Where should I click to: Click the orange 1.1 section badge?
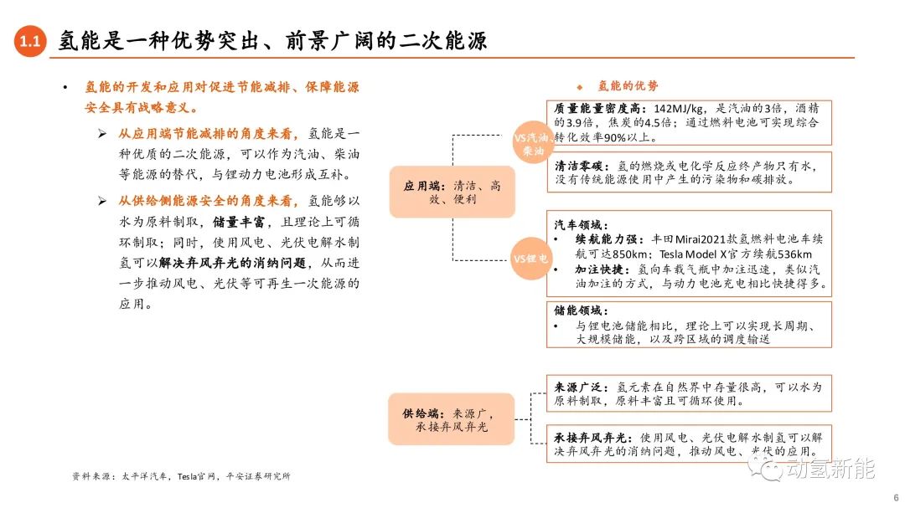[x=30, y=41]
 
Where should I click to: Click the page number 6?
[x=896, y=497]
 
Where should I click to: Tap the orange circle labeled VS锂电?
[x=530, y=259]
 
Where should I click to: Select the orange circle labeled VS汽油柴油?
[x=532, y=143]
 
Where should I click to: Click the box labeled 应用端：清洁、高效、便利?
[x=452, y=192]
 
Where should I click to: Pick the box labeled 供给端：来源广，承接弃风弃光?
[x=451, y=419]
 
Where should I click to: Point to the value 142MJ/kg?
[x=679, y=109]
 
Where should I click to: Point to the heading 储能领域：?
[x=582, y=310]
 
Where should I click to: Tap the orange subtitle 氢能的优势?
[x=628, y=86]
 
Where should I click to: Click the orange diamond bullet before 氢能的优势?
[x=580, y=87]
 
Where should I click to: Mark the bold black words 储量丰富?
[x=239, y=222]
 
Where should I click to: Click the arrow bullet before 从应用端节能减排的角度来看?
[x=102, y=134]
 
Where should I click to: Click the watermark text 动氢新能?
[x=831, y=469]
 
